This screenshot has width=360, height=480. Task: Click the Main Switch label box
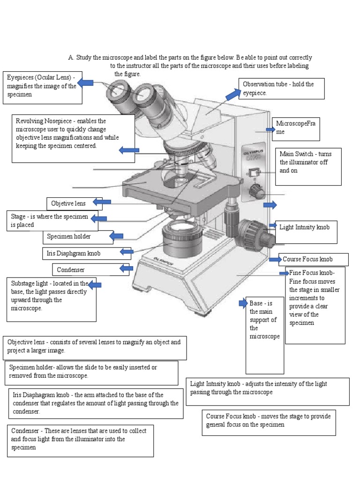(308, 166)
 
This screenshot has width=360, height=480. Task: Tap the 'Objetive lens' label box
(69, 203)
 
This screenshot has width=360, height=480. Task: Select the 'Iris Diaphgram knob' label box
(81, 253)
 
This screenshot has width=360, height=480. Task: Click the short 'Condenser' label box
(84, 270)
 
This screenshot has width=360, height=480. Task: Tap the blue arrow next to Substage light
(95, 285)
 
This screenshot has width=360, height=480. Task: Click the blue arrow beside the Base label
(243, 303)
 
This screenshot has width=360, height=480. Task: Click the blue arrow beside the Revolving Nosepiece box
(129, 150)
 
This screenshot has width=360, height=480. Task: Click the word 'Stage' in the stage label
(18, 217)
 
